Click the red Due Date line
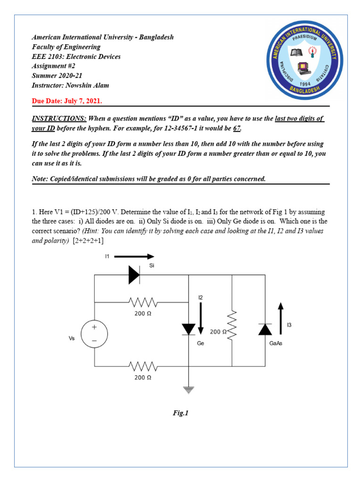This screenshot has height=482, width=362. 66,101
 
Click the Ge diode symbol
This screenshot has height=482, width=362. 189,329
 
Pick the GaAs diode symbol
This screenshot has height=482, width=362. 265,329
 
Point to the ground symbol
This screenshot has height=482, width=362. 189,389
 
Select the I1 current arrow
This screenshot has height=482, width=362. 134,257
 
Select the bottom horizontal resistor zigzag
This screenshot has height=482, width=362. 142,366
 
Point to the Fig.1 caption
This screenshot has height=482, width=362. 181,413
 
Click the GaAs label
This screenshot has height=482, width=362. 276,343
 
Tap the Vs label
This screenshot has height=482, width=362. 72,338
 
